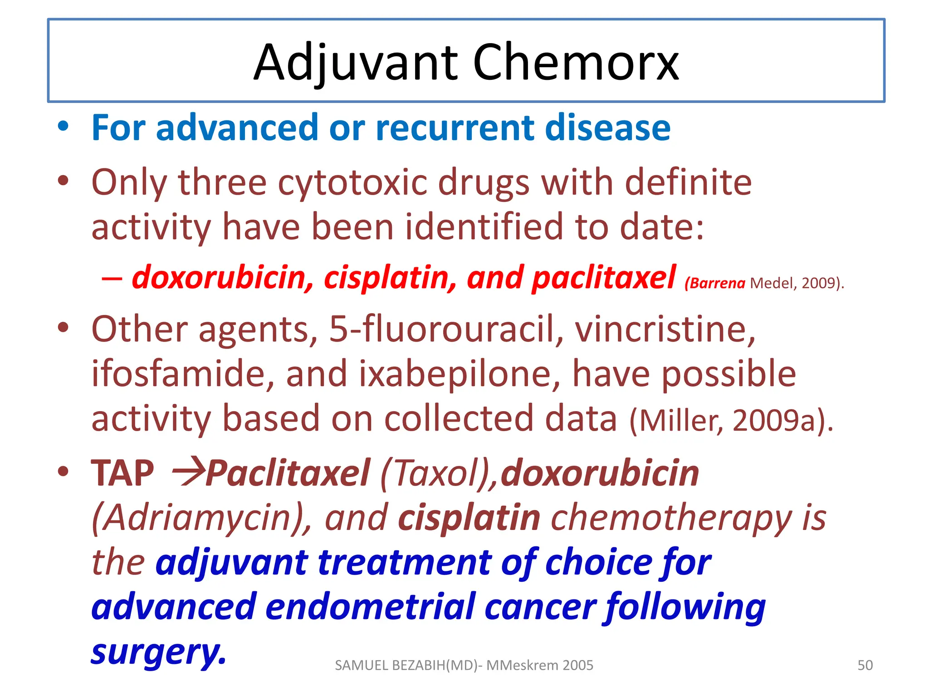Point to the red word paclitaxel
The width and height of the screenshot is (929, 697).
click(x=604, y=277)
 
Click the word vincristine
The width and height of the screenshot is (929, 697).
click(x=665, y=329)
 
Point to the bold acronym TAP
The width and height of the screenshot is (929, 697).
click(x=122, y=473)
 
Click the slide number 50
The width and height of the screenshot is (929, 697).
click(x=865, y=665)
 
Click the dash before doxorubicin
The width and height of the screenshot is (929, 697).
click(x=112, y=278)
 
